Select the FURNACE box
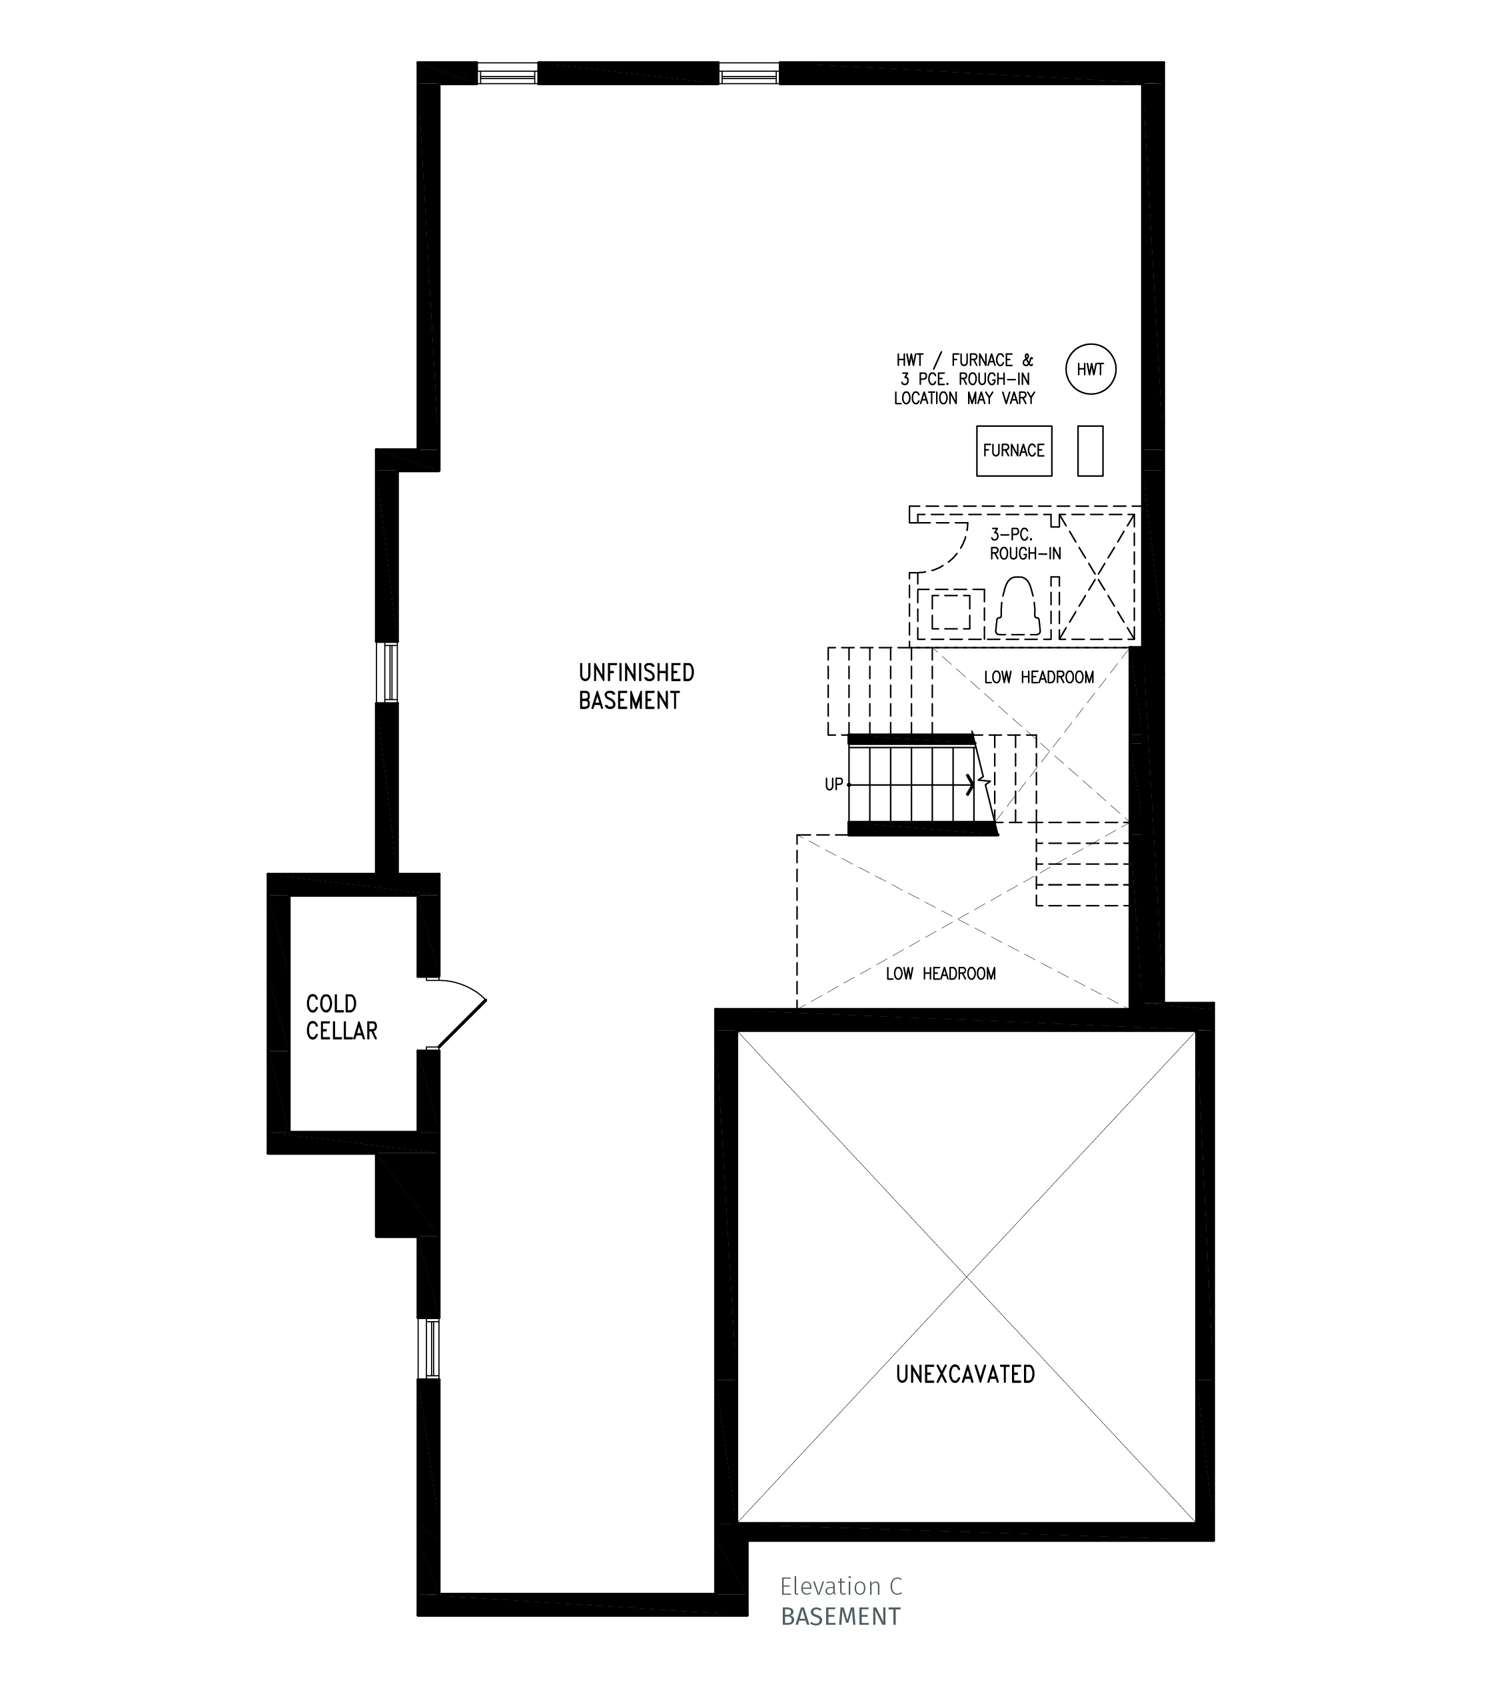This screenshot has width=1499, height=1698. point(1014,451)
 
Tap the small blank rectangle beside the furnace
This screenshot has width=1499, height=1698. point(1090,451)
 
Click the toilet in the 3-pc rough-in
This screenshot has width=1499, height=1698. point(1018,607)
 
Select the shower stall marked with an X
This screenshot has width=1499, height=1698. point(1097,577)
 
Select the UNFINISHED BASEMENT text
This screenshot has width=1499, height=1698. point(636,686)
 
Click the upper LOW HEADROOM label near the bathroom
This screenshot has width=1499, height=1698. point(1039,678)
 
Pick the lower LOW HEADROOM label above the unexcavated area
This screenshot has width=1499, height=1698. point(941,974)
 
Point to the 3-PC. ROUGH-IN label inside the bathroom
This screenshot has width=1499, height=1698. point(1025,544)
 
